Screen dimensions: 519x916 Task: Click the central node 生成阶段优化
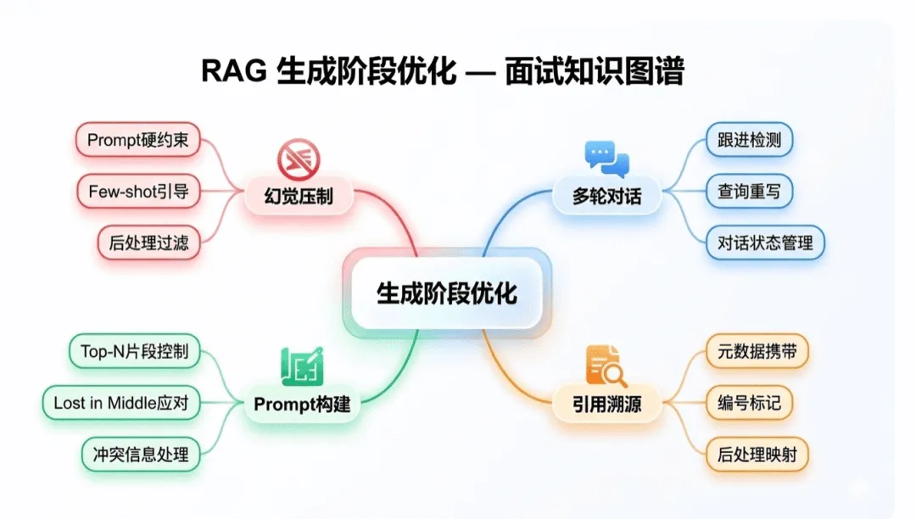pyautogui.click(x=446, y=293)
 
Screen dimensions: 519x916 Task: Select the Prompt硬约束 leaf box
pyautogui.click(x=137, y=141)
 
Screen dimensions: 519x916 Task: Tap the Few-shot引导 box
pyautogui.click(x=137, y=192)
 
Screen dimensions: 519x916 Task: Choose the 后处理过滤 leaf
pyautogui.click(x=148, y=243)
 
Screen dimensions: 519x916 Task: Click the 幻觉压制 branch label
pyautogui.click(x=299, y=198)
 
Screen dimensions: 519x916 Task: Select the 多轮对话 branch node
pyautogui.click(x=606, y=198)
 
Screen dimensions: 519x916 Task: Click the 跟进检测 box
pyautogui.click(x=750, y=141)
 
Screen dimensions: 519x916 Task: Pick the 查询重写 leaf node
pyautogui.click(x=750, y=192)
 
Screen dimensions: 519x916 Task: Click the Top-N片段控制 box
pyautogui.click(x=134, y=350)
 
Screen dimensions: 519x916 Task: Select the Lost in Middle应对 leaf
pyautogui.click(x=120, y=403)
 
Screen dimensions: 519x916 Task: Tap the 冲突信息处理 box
pyautogui.click(x=140, y=455)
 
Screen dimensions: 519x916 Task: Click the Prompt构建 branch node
pyautogui.click(x=302, y=405)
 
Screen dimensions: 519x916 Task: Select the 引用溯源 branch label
pyautogui.click(x=606, y=405)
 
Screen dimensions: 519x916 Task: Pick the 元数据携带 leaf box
pyautogui.click(x=757, y=352)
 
